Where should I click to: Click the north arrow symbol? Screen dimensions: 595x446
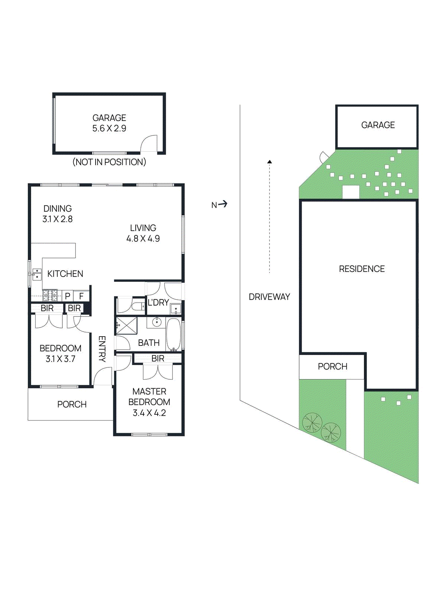(x=223, y=204)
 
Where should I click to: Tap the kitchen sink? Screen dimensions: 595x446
(x=36, y=274)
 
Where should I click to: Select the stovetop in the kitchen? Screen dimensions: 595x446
(x=50, y=295)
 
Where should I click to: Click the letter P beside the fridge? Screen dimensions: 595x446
(x=67, y=296)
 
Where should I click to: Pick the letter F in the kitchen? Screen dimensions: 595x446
(x=81, y=296)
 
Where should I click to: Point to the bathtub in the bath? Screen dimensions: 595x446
(x=173, y=334)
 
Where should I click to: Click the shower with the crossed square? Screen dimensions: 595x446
(x=126, y=326)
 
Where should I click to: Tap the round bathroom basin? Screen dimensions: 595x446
(x=156, y=322)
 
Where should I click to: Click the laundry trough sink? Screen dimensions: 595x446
(x=175, y=309)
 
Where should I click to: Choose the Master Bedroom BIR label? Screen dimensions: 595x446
(x=158, y=358)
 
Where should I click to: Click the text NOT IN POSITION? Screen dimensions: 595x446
(x=109, y=162)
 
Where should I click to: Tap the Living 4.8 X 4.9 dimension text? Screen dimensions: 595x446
(x=143, y=239)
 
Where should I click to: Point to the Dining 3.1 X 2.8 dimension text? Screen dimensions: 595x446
(x=58, y=219)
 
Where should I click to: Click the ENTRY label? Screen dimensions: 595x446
(x=102, y=349)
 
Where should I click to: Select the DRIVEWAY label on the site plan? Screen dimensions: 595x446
(x=269, y=297)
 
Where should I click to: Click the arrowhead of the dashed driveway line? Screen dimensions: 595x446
(x=270, y=162)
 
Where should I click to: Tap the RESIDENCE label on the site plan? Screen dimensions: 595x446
(x=362, y=269)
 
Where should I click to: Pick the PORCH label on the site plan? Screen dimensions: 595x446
(x=332, y=366)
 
